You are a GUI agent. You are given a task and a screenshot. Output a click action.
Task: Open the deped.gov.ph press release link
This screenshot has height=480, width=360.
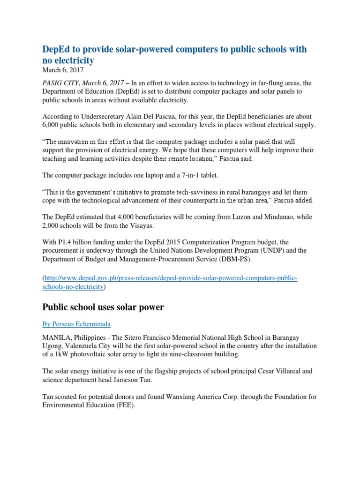(170, 278)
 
